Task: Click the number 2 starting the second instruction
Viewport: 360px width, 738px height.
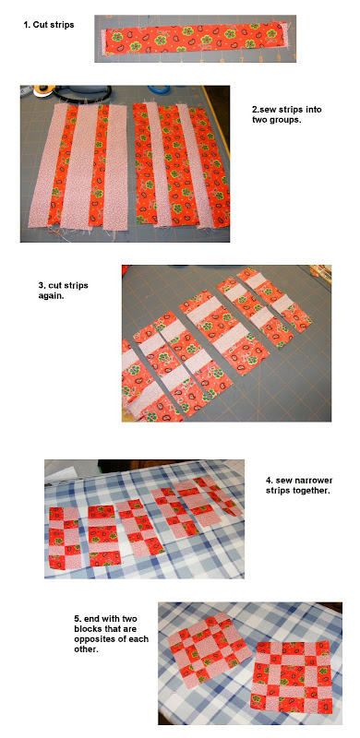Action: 255,110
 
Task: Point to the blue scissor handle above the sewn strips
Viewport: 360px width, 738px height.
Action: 160,89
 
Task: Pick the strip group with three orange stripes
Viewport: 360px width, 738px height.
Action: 180,165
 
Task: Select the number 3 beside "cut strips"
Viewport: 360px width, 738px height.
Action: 41,286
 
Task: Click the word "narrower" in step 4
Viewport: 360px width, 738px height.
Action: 314,481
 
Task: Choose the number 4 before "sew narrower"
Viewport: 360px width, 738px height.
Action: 268,481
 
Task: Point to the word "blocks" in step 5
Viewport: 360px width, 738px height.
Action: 86,629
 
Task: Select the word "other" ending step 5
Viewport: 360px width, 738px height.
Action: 84,649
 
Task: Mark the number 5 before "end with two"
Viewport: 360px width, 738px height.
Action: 77,618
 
